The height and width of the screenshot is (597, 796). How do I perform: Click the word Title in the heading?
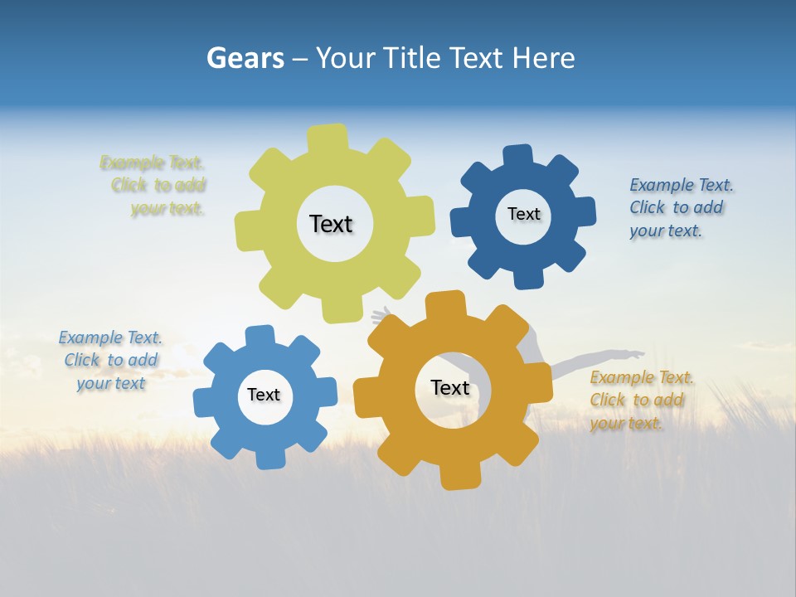coord(412,58)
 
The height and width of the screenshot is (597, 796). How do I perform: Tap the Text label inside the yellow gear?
coord(331,224)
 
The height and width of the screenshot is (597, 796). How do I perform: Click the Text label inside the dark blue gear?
coord(523,214)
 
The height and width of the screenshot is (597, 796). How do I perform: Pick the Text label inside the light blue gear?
coord(264,395)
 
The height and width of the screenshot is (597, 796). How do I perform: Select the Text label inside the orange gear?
coord(450,387)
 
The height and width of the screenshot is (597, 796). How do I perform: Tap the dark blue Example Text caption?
coord(677,207)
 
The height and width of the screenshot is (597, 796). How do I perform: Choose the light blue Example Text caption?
coord(110,360)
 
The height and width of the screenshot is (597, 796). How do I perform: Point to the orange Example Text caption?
coord(640,400)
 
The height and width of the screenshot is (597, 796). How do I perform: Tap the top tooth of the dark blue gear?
coord(518,156)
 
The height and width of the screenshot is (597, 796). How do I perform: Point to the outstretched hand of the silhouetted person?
coord(635,355)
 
